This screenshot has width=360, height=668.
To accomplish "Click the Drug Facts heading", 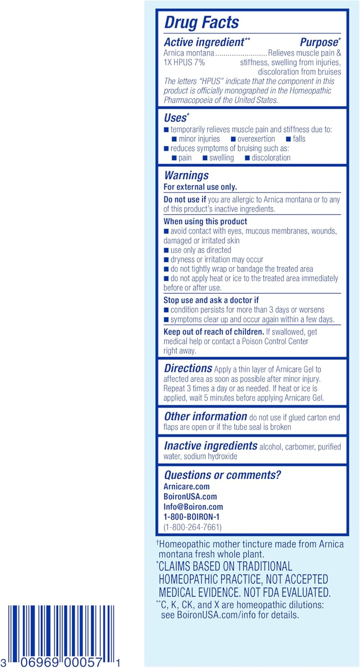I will coord(201,23).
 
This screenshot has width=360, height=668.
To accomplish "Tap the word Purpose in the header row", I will coord(318,43).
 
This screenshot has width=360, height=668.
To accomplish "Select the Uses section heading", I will coord(175,118).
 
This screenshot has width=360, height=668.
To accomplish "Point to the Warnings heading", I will coord(186,175).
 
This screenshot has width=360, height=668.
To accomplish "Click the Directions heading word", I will coord(188,369).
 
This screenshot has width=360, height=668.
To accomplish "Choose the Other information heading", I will coord(205,417).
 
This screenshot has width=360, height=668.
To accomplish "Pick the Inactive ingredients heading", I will coord(211,446).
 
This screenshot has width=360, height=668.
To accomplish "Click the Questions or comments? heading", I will coord(222,475).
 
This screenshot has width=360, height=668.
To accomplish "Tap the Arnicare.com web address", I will coord(186,487).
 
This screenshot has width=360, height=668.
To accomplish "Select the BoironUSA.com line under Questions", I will coord(190,497).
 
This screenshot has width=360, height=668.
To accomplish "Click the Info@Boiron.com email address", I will coord(193,507).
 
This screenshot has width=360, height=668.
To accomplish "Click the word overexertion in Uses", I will coord(256,139).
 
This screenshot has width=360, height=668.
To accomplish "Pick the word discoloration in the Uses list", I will coord(271,158).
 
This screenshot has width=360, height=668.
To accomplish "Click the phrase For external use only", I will coord(200,187).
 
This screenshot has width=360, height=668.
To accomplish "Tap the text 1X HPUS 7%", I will coord(184,62).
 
